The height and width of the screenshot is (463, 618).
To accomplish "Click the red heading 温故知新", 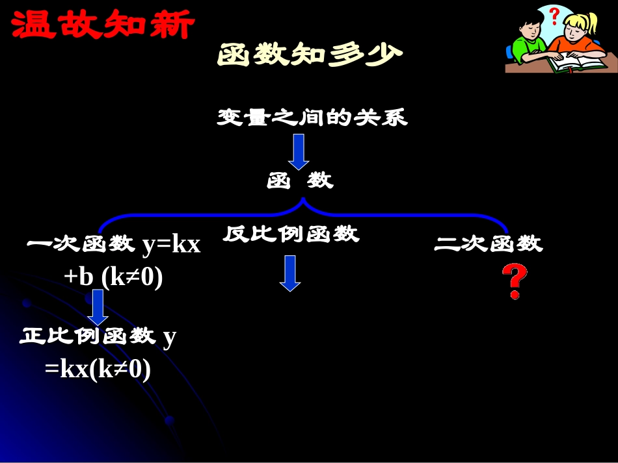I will tap(103, 25).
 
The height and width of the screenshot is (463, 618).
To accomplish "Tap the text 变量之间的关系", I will tap(312, 118).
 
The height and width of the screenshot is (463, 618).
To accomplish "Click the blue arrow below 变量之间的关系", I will tap(299, 151).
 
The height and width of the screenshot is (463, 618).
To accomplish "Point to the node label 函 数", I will tap(300, 181).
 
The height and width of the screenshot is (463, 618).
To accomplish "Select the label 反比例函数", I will tap(291, 234).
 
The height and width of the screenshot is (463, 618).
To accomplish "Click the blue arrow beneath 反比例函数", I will tap(290, 273).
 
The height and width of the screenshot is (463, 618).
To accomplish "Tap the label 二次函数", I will tap(488, 244).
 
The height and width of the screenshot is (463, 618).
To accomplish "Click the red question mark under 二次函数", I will tap(514, 281).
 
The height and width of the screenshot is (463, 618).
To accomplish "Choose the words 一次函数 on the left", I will tap(79, 245).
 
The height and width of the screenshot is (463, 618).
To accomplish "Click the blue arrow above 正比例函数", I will tap(98, 307).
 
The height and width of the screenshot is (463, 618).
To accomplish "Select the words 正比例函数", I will tap(88, 336).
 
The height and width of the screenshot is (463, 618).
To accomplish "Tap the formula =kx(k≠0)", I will tap(98, 369).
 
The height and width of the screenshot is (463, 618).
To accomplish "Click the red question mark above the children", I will tap(554, 15).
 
